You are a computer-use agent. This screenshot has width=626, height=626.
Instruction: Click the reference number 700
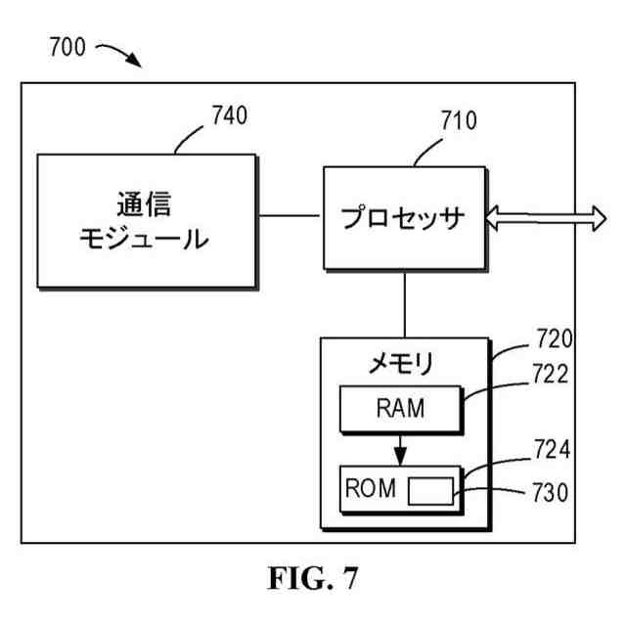click(66, 46)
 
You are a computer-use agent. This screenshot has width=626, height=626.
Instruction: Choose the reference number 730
click(554, 492)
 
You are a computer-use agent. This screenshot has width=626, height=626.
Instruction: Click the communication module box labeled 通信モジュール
click(148, 220)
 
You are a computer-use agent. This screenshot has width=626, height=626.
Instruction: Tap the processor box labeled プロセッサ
click(404, 217)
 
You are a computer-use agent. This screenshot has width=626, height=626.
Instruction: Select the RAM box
click(399, 408)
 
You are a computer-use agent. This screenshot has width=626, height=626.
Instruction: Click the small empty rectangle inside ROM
click(430, 490)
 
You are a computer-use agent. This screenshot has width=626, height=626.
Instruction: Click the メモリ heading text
click(400, 363)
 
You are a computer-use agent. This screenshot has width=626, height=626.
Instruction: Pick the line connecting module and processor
click(291, 215)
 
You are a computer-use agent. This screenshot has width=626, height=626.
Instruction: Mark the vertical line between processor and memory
click(404, 302)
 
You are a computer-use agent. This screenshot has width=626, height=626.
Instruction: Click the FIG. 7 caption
click(313, 579)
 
